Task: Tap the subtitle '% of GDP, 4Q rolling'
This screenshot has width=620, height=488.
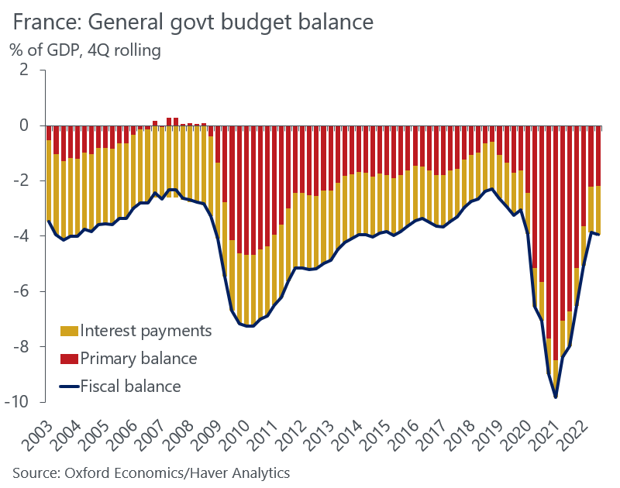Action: [x=85, y=51]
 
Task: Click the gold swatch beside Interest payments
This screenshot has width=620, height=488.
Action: [x=69, y=332]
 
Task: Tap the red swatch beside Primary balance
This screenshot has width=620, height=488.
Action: [x=69, y=359]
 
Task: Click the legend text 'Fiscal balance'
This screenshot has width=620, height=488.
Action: [x=131, y=387]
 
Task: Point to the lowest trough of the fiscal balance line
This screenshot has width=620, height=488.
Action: [x=556, y=397]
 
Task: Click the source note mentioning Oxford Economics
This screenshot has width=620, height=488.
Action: [x=151, y=472]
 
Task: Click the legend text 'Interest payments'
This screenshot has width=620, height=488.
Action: [x=146, y=332]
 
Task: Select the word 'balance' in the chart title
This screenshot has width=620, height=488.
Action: [x=330, y=22]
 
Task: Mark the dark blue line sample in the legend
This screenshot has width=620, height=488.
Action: [x=69, y=387]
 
